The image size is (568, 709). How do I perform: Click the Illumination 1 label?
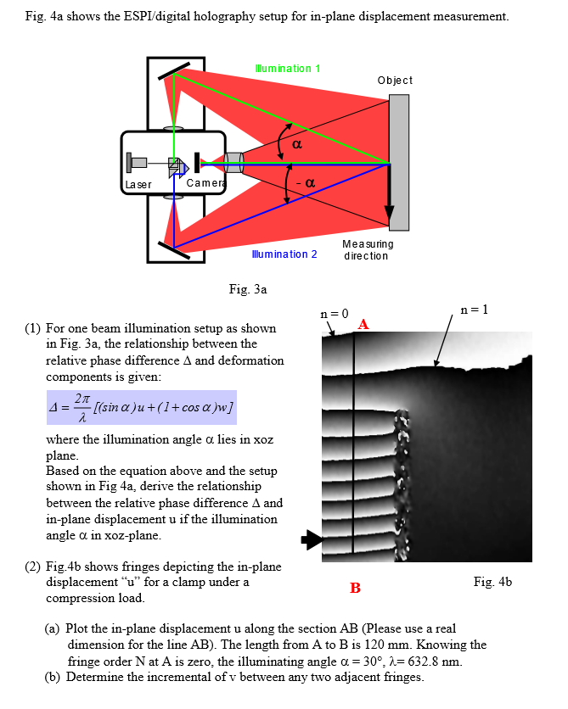pyautogui.click(x=287, y=68)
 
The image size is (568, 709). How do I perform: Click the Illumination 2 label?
pyautogui.click(x=284, y=254)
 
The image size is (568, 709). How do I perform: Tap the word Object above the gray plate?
pyautogui.click(x=395, y=80)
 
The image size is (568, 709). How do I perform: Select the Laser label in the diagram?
pyautogui.click(x=138, y=184)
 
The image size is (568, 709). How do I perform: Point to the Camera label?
pyautogui.click(x=204, y=183)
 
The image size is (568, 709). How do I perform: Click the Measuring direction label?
pyautogui.click(x=366, y=249)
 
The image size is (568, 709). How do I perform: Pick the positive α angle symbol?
pyautogui.click(x=296, y=145)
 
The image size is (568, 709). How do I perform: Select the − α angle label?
pyautogui.click(x=306, y=182)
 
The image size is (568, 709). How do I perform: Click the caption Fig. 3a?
pyautogui.click(x=248, y=289)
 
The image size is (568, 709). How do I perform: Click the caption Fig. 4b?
pyautogui.click(x=492, y=582)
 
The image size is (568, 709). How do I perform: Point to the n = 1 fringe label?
pyautogui.click(x=474, y=309)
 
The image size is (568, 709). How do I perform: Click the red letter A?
pyautogui.click(x=363, y=324)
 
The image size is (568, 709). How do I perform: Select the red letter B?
pyautogui.click(x=355, y=588)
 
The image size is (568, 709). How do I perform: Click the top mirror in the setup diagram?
pyautogui.click(x=173, y=70)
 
